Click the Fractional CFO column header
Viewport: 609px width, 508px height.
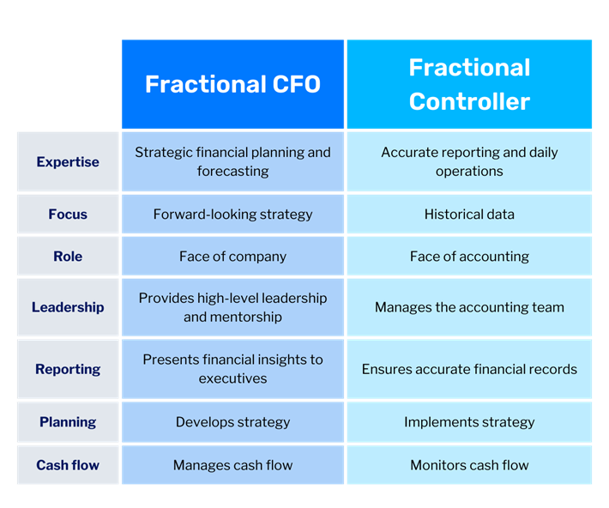click(232, 84)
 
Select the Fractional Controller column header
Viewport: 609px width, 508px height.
click(469, 84)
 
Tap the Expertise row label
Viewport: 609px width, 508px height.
click(68, 161)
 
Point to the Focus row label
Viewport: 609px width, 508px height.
click(68, 215)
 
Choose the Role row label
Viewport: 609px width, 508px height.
click(68, 257)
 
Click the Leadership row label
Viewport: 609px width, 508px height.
click(68, 307)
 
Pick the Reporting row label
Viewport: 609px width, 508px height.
click(68, 369)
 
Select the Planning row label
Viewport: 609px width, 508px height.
click(68, 422)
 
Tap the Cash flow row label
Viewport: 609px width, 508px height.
click(68, 465)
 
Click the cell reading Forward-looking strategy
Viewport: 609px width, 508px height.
click(232, 215)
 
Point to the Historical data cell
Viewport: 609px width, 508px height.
click(469, 215)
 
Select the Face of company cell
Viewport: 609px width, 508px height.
click(232, 257)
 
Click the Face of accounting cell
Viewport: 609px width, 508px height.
click(469, 257)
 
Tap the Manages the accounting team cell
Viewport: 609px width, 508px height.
click(469, 307)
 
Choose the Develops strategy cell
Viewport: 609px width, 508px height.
click(232, 422)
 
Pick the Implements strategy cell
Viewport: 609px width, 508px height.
click(469, 422)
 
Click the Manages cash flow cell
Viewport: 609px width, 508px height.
click(232, 465)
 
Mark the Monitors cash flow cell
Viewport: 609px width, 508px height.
click(469, 465)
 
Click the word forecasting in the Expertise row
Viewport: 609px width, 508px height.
click(232, 172)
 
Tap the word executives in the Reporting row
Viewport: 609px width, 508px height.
click(232, 378)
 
